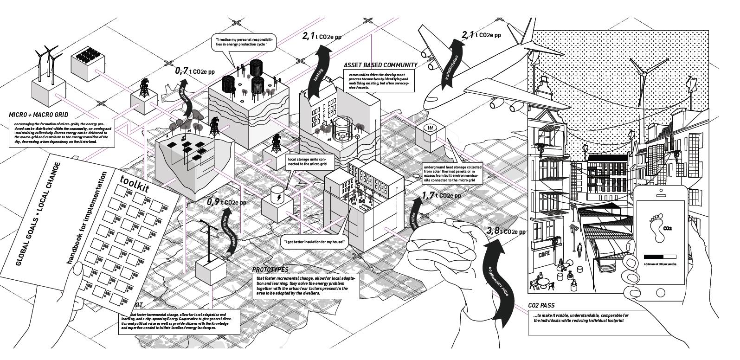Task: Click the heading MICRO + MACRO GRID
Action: [x=39, y=115]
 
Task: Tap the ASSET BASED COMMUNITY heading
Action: [x=380, y=65]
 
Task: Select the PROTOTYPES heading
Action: [x=270, y=270]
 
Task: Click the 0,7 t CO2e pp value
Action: [x=195, y=71]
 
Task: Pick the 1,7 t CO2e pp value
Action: [x=442, y=195]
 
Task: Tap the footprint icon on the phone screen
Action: [x=655, y=227]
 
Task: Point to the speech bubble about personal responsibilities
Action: [x=244, y=43]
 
